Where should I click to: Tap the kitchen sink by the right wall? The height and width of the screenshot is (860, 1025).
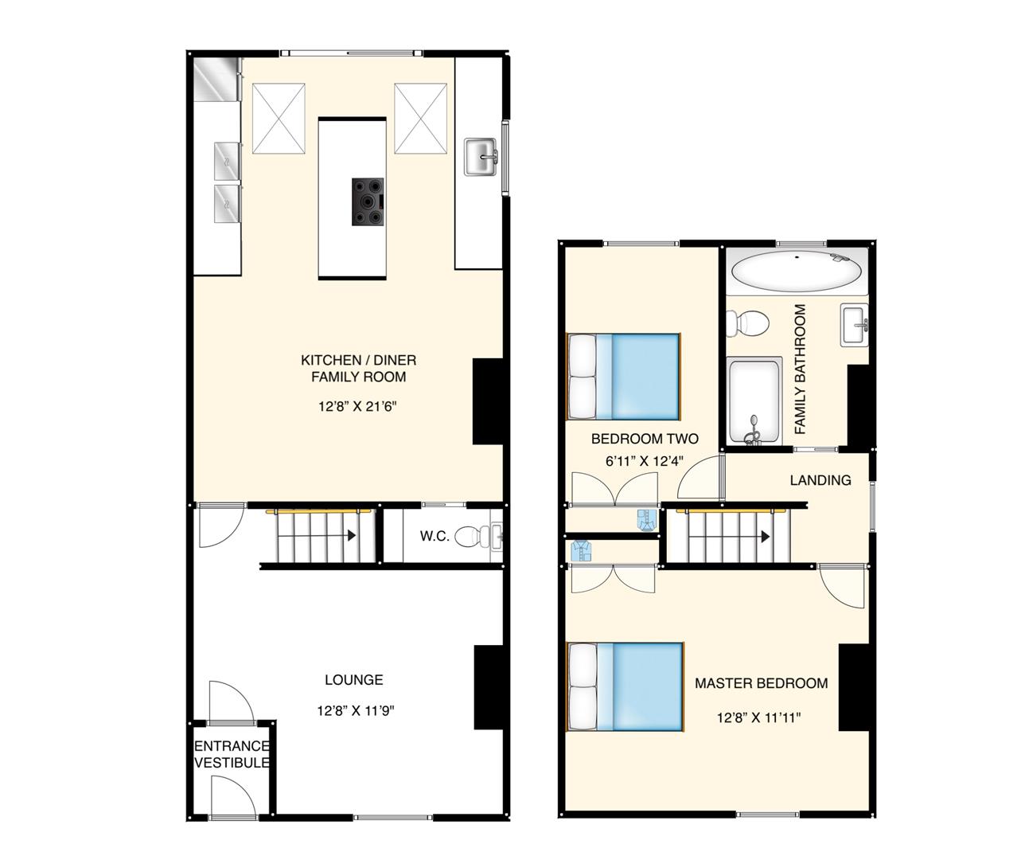tap(481, 157)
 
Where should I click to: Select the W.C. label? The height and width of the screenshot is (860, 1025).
tap(435, 536)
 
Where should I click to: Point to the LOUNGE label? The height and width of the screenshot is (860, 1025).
tap(353, 680)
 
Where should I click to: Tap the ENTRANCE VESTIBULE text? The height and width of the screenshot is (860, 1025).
tap(232, 754)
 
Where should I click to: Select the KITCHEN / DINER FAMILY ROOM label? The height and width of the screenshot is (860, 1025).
tap(358, 369)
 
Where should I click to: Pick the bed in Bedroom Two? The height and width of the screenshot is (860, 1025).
tap(624, 376)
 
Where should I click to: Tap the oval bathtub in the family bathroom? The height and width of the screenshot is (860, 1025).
tap(796, 272)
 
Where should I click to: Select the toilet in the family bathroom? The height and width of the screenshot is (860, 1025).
tap(748, 322)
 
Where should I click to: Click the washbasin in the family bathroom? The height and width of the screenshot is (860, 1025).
tap(855, 326)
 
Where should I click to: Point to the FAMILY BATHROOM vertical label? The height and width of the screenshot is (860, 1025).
tap(801, 369)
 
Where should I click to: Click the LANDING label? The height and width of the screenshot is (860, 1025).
tap(820, 480)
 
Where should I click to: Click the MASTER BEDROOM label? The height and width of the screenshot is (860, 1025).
tap(761, 683)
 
